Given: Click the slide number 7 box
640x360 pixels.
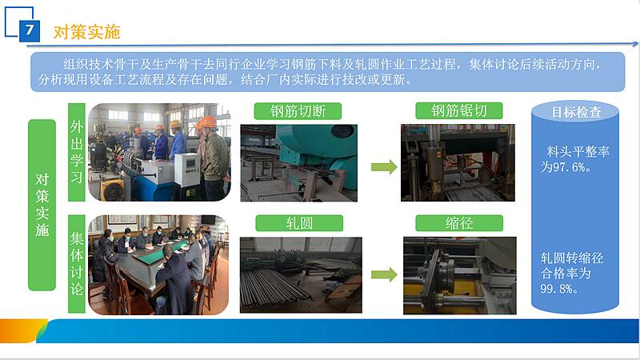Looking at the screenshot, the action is click(30, 31).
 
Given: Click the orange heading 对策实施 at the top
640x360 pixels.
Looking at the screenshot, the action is click(86, 32).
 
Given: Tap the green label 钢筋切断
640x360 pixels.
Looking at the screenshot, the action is click(298, 111).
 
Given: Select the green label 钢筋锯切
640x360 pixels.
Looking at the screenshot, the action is click(458, 110).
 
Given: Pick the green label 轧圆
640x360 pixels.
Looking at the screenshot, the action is click(299, 223).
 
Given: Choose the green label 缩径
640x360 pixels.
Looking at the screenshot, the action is click(459, 223).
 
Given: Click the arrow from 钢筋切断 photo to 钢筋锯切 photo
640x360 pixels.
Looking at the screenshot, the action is click(384, 167).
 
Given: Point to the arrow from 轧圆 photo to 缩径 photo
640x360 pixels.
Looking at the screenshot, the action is click(384, 274).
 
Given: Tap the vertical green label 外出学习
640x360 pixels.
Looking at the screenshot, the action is click(76, 152).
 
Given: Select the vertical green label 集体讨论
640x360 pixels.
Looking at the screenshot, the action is click(76, 264).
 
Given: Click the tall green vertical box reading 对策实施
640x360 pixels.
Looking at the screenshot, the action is click(42, 205).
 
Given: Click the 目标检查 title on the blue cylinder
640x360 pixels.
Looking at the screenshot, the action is click(576, 112).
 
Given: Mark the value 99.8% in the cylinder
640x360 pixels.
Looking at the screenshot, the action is click(558, 289).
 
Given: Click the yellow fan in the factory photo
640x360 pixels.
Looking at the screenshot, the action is click(114, 189).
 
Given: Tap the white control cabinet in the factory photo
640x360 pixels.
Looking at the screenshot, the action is click(187, 170).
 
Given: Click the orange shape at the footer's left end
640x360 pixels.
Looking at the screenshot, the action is click(22, 330).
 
